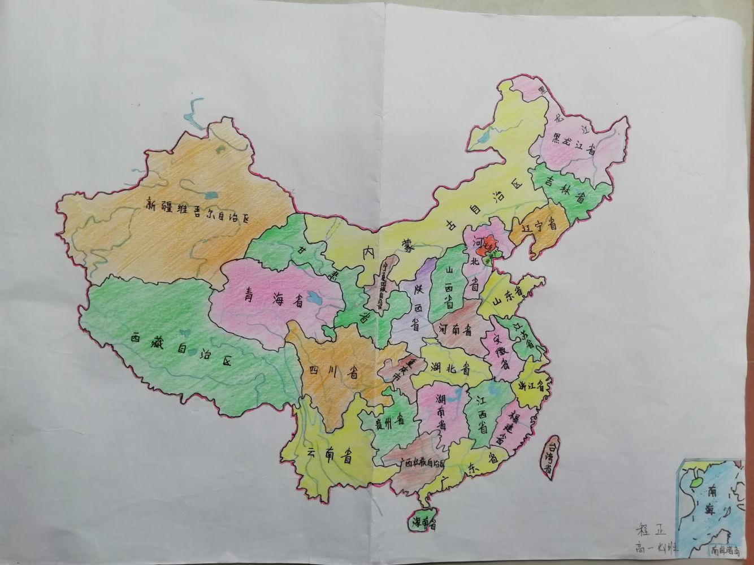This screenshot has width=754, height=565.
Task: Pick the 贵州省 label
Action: point(384,421)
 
